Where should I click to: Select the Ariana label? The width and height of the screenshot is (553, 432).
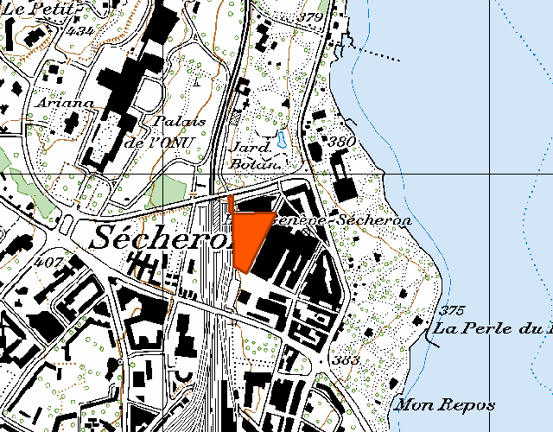pyautogui.click(x=64, y=103)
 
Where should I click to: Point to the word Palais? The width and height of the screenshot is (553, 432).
pyautogui.click(x=178, y=122)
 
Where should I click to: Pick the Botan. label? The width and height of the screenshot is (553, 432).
pyautogui.click(x=257, y=163)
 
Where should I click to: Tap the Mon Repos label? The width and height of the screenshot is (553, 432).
pyautogui.click(x=445, y=404)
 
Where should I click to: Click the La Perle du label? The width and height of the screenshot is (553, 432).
pyautogui.click(x=493, y=328)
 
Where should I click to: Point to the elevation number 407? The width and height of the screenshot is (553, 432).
pyautogui.click(x=51, y=260)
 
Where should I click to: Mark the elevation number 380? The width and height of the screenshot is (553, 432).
pyautogui.click(x=341, y=141)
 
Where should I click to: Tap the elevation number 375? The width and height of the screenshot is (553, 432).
pyautogui.click(x=452, y=310)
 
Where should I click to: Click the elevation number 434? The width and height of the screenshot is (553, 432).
pyautogui.click(x=83, y=31)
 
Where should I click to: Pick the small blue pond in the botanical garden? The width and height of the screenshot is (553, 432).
pyautogui.click(x=282, y=139)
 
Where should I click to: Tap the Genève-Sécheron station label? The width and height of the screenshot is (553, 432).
pyautogui.click(x=349, y=221)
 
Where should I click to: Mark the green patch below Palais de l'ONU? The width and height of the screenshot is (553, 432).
pyautogui.click(x=168, y=193)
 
